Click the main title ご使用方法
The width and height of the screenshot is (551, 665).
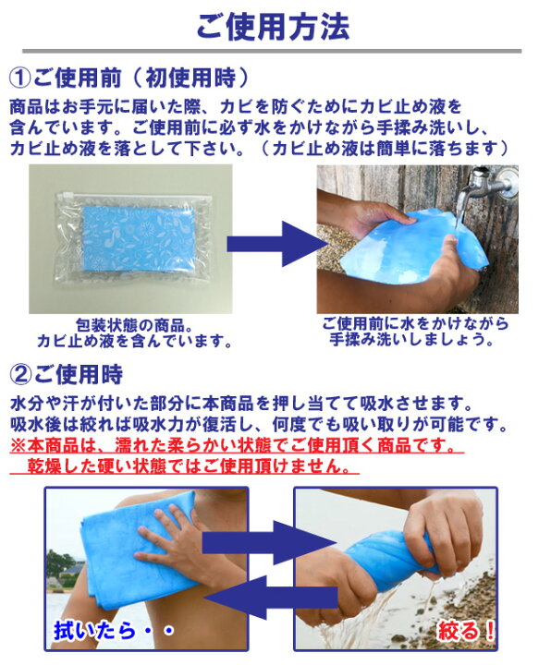coord(273,27)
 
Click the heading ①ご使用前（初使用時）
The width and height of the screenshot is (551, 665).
coord(129,78)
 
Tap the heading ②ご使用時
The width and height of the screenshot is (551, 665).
coord(67,374)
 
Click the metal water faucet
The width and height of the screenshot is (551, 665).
coord(488,182)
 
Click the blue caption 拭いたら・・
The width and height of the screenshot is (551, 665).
coord(114,631)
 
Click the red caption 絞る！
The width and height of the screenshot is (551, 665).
coord(466,631)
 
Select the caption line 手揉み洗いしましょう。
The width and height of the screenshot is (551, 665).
coord(411,339)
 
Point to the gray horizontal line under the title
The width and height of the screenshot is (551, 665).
coord(272,52)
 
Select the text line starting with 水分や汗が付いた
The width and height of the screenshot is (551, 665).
coord(241,404)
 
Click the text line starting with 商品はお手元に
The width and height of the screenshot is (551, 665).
coord(236,107)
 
